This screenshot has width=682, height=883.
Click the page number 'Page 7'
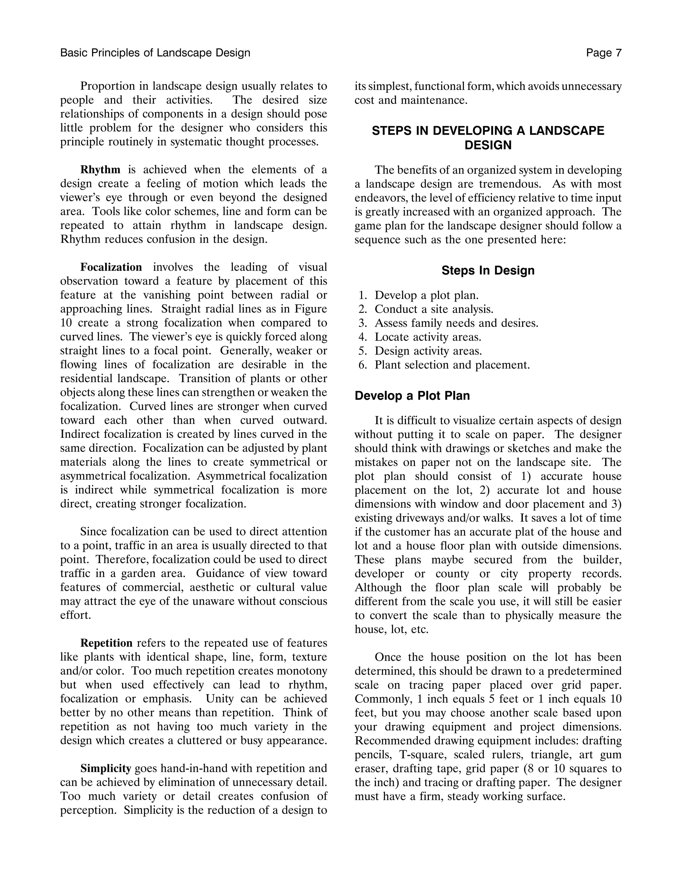[604, 53]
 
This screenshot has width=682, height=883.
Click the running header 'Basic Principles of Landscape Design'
[155, 53]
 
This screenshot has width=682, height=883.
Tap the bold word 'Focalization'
[111, 267]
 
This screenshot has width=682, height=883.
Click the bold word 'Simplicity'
[106, 768]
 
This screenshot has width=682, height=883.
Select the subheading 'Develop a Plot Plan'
[412, 396]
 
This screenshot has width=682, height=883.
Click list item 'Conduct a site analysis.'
[434, 309]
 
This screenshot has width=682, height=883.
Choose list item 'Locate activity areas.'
[428, 337]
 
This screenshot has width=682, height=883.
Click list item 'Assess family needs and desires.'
[456, 323]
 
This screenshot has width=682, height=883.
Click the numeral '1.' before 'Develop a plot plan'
[362, 296]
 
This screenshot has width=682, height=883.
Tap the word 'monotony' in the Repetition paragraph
[302, 671]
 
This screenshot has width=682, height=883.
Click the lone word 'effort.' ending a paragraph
[76, 615]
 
